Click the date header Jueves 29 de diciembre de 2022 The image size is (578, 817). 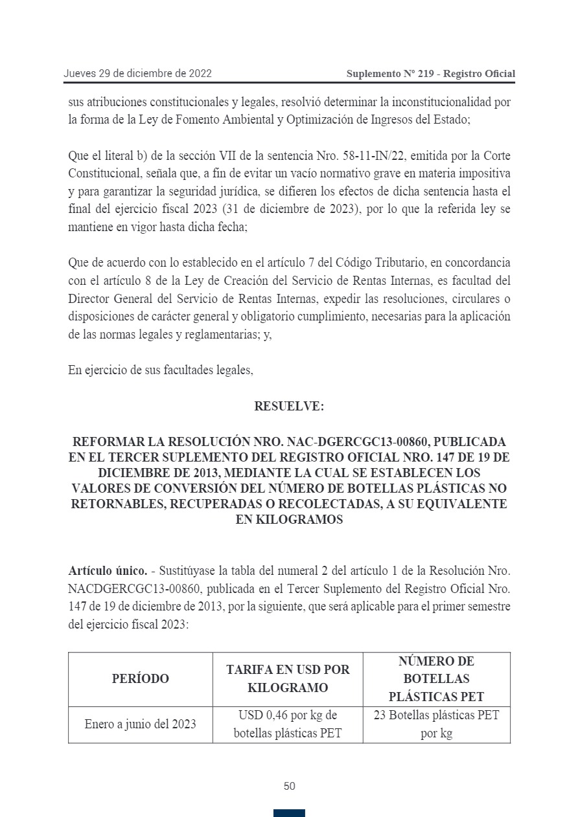click(x=137, y=74)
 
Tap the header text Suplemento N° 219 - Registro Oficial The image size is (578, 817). click(x=430, y=74)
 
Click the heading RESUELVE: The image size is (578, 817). click(x=289, y=407)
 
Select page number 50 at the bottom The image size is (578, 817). click(x=289, y=787)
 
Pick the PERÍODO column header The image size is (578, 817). click(x=140, y=678)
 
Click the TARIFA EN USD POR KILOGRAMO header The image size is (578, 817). click(x=288, y=678)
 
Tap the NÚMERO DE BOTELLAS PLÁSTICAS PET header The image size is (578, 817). click(x=436, y=678)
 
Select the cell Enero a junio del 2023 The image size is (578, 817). click(x=140, y=724)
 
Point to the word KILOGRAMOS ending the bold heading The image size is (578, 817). click(x=289, y=520)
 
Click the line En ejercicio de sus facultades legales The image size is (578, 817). click(x=160, y=371)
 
